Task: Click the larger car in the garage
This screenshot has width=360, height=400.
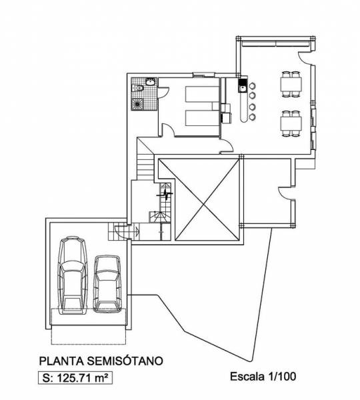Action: (73, 275)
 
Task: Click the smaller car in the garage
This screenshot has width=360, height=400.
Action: (107, 284)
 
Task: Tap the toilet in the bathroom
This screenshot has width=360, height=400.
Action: (138, 88)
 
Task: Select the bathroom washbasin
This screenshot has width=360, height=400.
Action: (150, 82)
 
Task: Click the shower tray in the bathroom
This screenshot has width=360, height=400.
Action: (137, 105)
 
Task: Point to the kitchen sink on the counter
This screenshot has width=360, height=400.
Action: (242, 85)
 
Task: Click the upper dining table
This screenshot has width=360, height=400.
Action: (291, 85)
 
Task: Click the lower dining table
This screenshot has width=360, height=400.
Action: (291, 124)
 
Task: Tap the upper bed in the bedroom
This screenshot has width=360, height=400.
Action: (201, 94)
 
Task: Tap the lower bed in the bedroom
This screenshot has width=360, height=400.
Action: (202, 118)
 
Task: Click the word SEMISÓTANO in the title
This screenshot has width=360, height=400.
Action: (125, 361)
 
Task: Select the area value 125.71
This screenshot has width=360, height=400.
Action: (72, 378)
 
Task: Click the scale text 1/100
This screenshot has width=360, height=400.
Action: (282, 377)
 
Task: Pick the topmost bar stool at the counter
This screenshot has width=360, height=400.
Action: (252, 85)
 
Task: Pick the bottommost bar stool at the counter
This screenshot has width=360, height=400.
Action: (252, 117)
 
